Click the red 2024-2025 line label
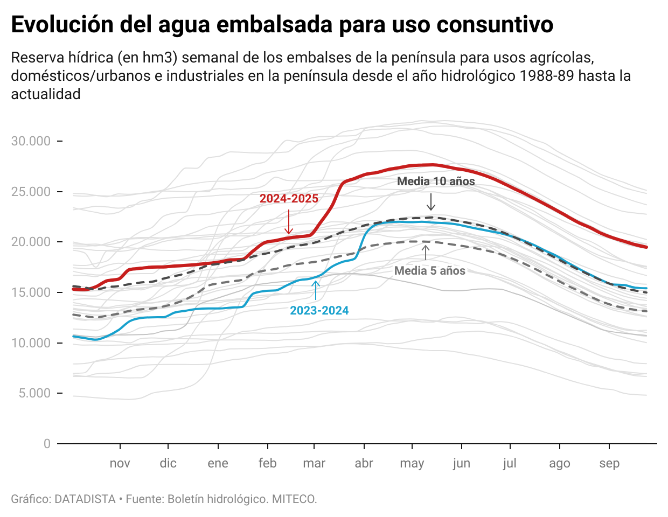289,199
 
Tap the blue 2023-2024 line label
319,311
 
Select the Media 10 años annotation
436,181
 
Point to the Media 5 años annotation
429,271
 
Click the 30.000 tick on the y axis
31,141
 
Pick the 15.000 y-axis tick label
31,292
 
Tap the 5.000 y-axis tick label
34,393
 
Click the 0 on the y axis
47,444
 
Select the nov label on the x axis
120,464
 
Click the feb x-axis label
267,464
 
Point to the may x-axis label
412,464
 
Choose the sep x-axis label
609,464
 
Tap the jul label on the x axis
510,464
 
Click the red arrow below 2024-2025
289,221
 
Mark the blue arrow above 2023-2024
316,290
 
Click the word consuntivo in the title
495,25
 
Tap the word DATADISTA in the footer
85,499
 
